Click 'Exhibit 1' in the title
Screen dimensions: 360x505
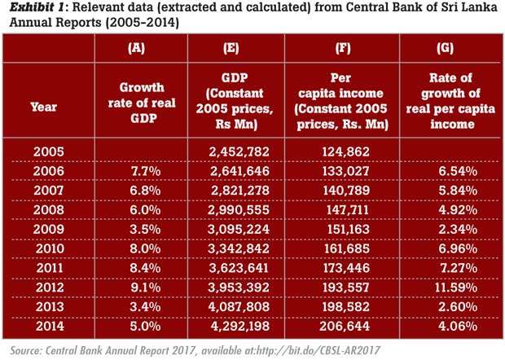click(x=33, y=9)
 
